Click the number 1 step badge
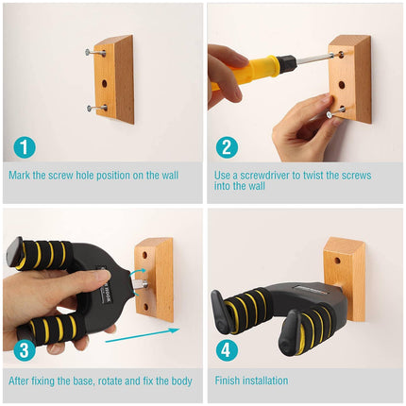pos(25,146)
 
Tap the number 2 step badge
pos(227,146)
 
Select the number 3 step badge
pos(24,350)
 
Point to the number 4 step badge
pos(226,350)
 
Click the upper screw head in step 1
pos(87,52)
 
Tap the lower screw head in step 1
pos(90,109)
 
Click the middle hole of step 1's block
pos(104,83)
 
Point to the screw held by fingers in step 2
pos(335,112)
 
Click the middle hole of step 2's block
pos(342,85)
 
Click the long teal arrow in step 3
pos(143,335)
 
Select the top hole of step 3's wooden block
pos(144,254)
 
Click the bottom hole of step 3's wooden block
pos(145,307)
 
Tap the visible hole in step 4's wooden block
pos(337,261)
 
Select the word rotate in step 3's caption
pos(110,381)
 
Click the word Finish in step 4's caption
pos(226,381)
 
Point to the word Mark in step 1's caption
pos(20,175)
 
